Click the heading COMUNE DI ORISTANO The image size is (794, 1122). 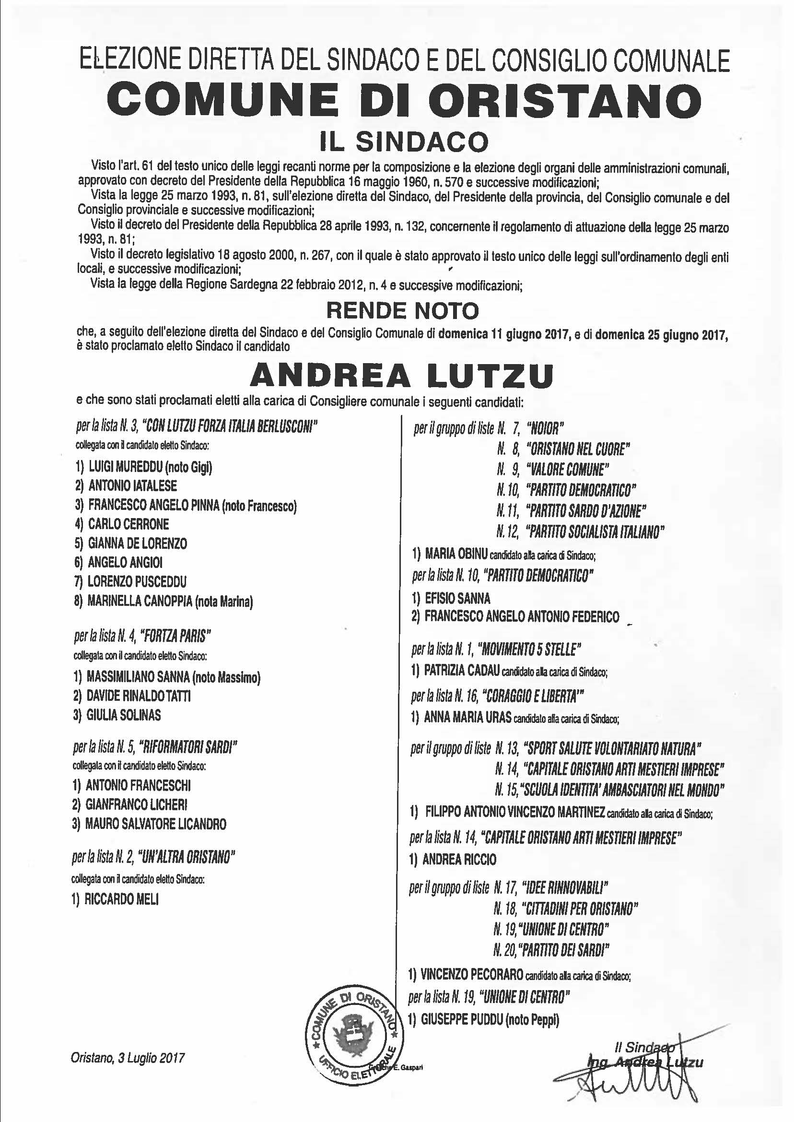click(404, 100)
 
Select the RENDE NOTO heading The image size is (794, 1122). click(402, 309)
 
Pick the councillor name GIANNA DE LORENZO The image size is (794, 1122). click(138, 543)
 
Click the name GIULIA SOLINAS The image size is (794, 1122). click(123, 715)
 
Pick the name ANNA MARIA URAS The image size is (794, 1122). click(467, 718)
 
